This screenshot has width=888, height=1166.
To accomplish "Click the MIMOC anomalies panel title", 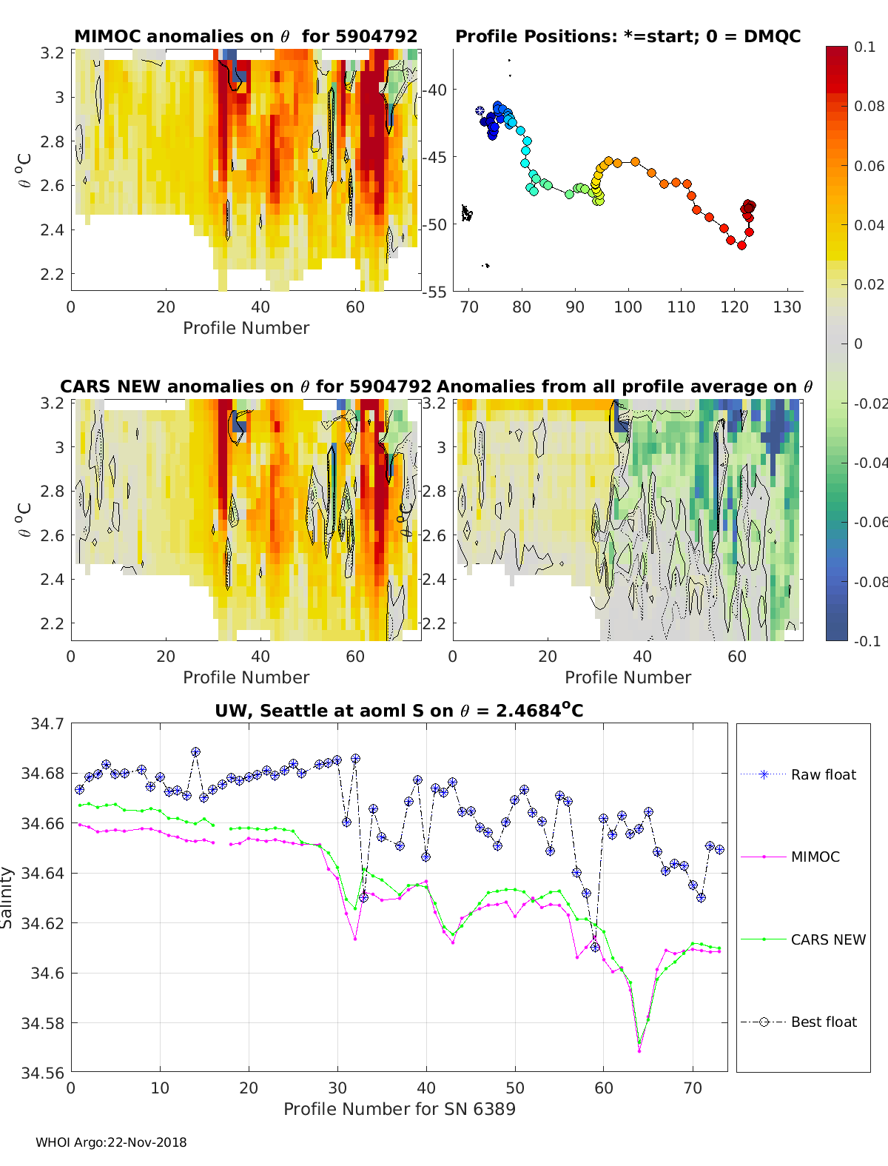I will pyautogui.click(x=246, y=36).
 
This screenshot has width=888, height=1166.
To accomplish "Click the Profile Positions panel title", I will pyautogui.click(x=628, y=36).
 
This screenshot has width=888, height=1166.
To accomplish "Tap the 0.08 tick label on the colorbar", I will pyautogui.click(x=869, y=106).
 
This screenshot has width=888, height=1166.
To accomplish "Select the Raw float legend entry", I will pyautogui.click(x=823, y=774).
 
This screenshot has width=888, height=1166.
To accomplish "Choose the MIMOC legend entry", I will pyautogui.click(x=815, y=857).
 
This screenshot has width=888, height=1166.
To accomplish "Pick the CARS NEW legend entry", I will pyautogui.click(x=827, y=939).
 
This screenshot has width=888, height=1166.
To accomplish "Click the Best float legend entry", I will pyautogui.click(x=823, y=1022).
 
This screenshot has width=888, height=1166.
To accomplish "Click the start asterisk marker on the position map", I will pyautogui.click(x=480, y=111).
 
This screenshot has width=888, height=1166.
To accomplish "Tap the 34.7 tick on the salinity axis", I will pyautogui.click(x=47, y=723).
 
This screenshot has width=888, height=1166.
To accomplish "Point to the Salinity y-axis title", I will pyautogui.click(x=7, y=897).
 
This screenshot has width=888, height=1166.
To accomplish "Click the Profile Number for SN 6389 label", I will pyautogui.click(x=399, y=1108).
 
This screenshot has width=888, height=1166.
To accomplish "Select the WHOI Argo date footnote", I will pyautogui.click(x=111, y=1142).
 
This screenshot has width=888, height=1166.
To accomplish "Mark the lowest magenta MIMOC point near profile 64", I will pyautogui.click(x=639, y=1051).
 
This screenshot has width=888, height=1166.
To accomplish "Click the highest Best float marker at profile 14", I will pyautogui.click(x=195, y=752).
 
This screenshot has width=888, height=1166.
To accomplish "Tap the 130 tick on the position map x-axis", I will pyautogui.click(x=787, y=307).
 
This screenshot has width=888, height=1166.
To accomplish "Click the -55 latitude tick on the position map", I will pyautogui.click(x=434, y=292).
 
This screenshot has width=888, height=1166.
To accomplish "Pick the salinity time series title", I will pyautogui.click(x=399, y=711).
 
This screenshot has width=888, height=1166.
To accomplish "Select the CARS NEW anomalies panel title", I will pyautogui.click(x=246, y=386).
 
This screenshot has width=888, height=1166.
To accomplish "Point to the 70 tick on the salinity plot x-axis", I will pyautogui.click(x=693, y=1088).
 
